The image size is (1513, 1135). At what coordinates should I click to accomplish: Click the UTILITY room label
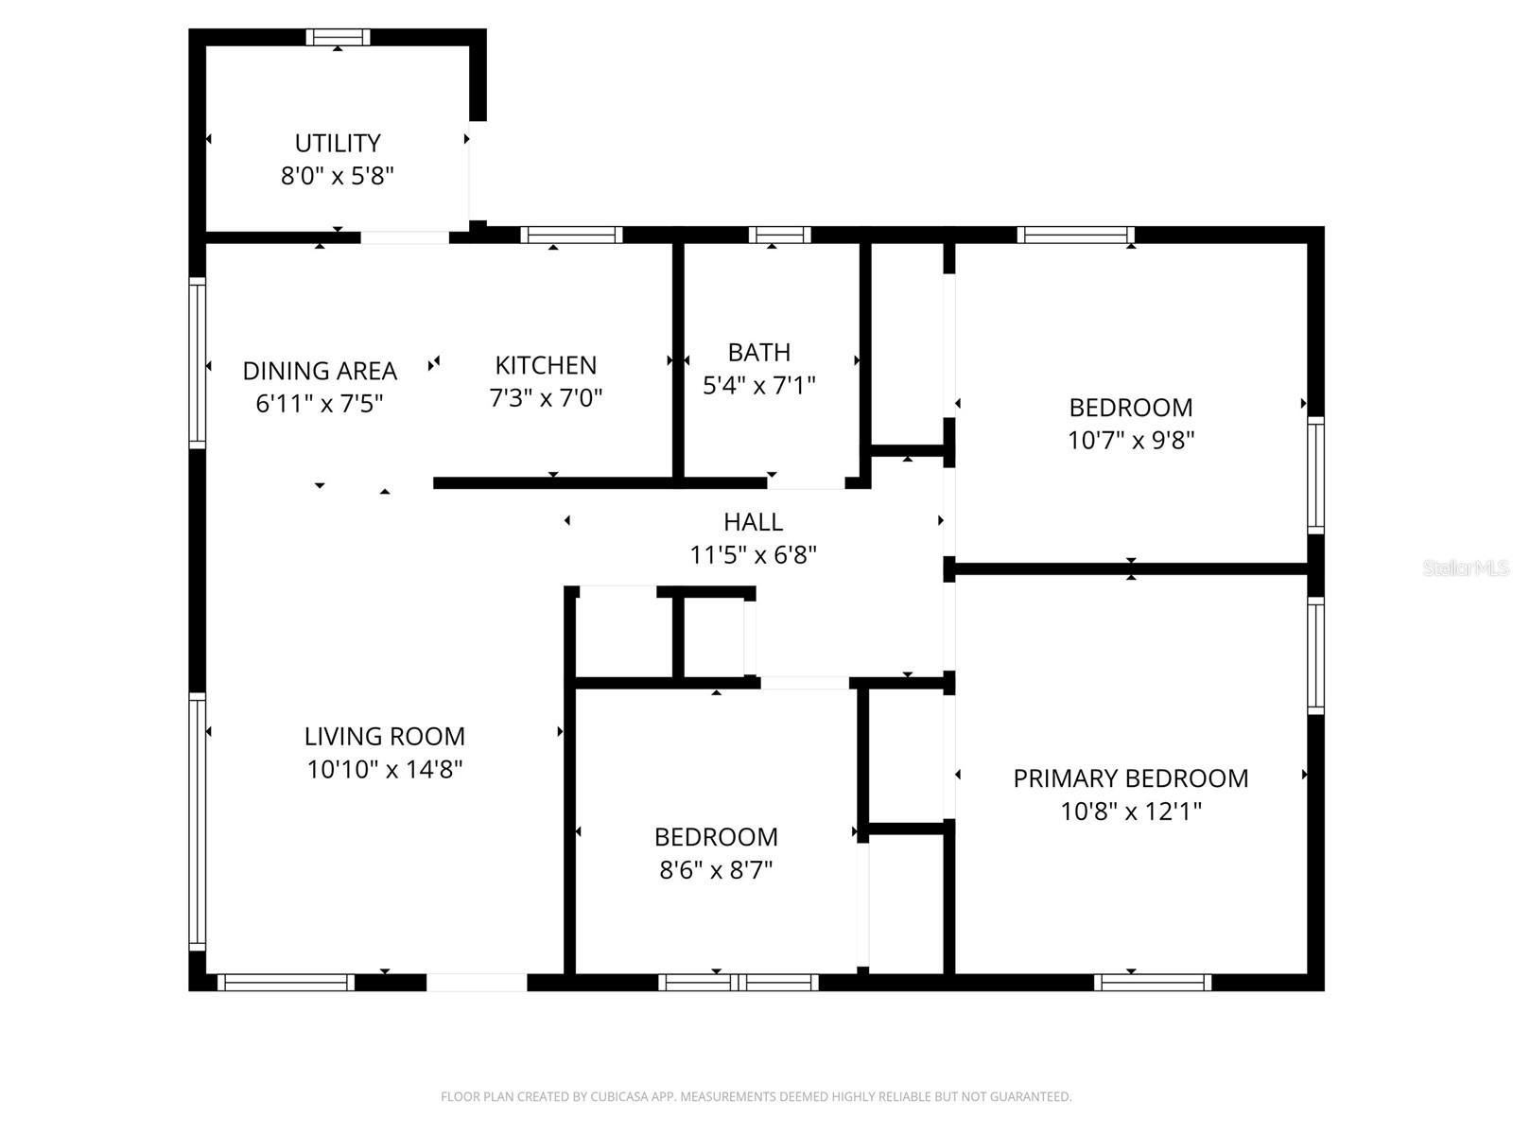[x=338, y=143]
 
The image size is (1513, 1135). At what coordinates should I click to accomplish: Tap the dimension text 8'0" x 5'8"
[x=338, y=176]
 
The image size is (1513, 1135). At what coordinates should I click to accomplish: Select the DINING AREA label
[x=320, y=371]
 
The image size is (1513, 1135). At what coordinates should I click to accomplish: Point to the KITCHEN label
[x=546, y=365]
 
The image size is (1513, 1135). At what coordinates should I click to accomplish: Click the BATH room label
[x=759, y=352]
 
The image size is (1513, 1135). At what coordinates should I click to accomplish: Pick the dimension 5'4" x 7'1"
[x=759, y=385]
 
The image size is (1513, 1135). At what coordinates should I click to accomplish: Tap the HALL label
[x=753, y=522]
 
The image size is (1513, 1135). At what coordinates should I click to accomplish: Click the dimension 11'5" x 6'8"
[x=753, y=555]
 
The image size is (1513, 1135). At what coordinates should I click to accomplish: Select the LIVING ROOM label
[x=384, y=736]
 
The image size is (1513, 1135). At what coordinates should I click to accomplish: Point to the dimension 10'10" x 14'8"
[x=384, y=769]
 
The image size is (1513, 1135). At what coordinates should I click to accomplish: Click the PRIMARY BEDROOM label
[x=1131, y=778]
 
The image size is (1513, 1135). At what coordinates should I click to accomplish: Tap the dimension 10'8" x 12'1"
[x=1131, y=812]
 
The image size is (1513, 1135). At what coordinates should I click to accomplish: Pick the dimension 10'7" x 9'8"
[x=1131, y=441]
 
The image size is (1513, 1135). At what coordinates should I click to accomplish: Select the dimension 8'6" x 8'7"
[x=716, y=870]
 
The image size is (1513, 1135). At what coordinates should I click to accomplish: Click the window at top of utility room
[x=338, y=38]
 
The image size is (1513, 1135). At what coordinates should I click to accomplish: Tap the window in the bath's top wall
[x=780, y=235]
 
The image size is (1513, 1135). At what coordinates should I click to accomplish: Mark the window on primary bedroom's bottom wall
[x=1152, y=983]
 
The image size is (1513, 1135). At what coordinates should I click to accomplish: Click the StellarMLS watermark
[x=1466, y=567]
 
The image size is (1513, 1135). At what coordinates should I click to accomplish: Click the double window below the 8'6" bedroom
[x=739, y=983]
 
